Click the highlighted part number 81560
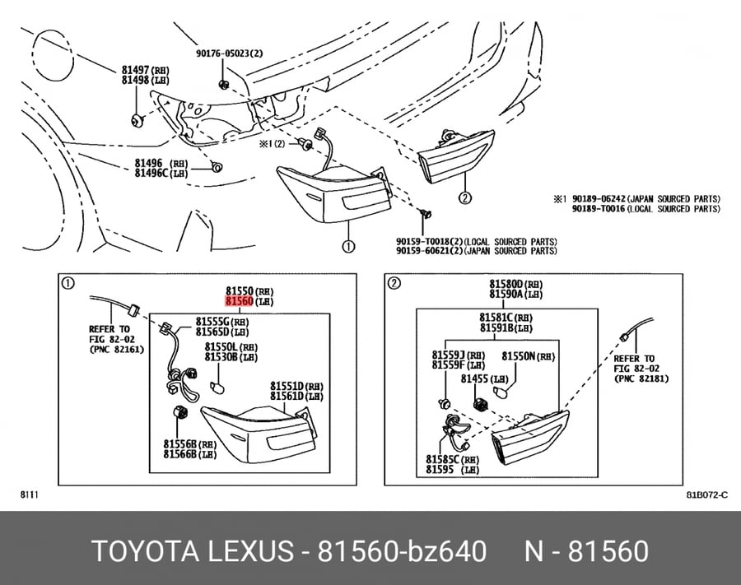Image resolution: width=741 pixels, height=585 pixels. click(x=239, y=301)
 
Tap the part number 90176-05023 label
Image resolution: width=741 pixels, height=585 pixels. click(x=222, y=53)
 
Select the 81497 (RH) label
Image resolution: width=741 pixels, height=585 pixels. click(x=146, y=71)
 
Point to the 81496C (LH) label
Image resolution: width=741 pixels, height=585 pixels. click(x=161, y=174)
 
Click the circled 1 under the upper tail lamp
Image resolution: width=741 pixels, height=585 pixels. click(x=348, y=247)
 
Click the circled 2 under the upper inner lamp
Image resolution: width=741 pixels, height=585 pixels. click(x=465, y=197)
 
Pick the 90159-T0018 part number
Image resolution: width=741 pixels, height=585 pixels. click(x=421, y=242)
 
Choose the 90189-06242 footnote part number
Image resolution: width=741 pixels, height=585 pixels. click(x=599, y=199)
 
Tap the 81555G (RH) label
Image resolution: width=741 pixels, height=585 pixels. click(x=222, y=322)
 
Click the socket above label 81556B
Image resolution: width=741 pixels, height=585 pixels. click(x=181, y=411)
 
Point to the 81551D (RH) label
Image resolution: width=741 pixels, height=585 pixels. click(x=296, y=386)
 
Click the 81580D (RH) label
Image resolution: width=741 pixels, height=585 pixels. click(x=516, y=284)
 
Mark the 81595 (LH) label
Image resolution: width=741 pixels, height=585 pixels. click(x=452, y=469)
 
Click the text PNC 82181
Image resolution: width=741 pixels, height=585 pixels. click(x=641, y=378)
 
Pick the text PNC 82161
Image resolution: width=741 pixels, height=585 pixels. click(x=116, y=350)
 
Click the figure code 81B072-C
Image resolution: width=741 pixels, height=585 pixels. click(x=707, y=494)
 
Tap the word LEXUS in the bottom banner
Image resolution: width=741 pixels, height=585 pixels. click(x=251, y=551)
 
